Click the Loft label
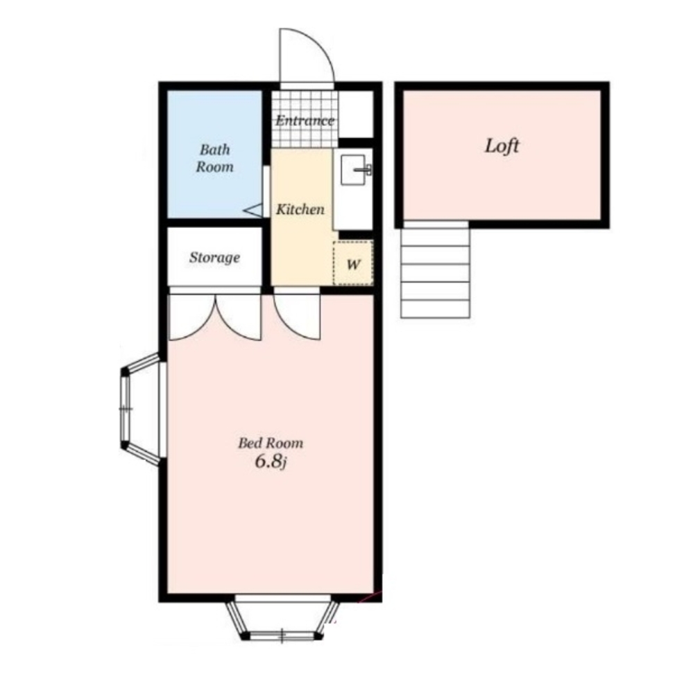pyautogui.click(x=502, y=146)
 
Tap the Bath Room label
pyautogui.click(x=214, y=158)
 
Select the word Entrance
pyautogui.click(x=305, y=121)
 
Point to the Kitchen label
pyautogui.click(x=300, y=209)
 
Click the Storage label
pyautogui.click(x=214, y=257)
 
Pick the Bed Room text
pyautogui.click(x=271, y=443)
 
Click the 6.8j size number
pyautogui.click(x=271, y=462)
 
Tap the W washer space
pyautogui.click(x=353, y=263)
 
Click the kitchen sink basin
pyautogui.click(x=352, y=170)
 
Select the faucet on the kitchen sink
pyautogui.click(x=365, y=169)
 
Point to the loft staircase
pyautogui.click(x=436, y=269)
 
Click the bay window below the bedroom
pyautogui.click(x=282, y=618)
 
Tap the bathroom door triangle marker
pyautogui.click(x=254, y=211)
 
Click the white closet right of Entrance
pyautogui.click(x=356, y=114)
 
